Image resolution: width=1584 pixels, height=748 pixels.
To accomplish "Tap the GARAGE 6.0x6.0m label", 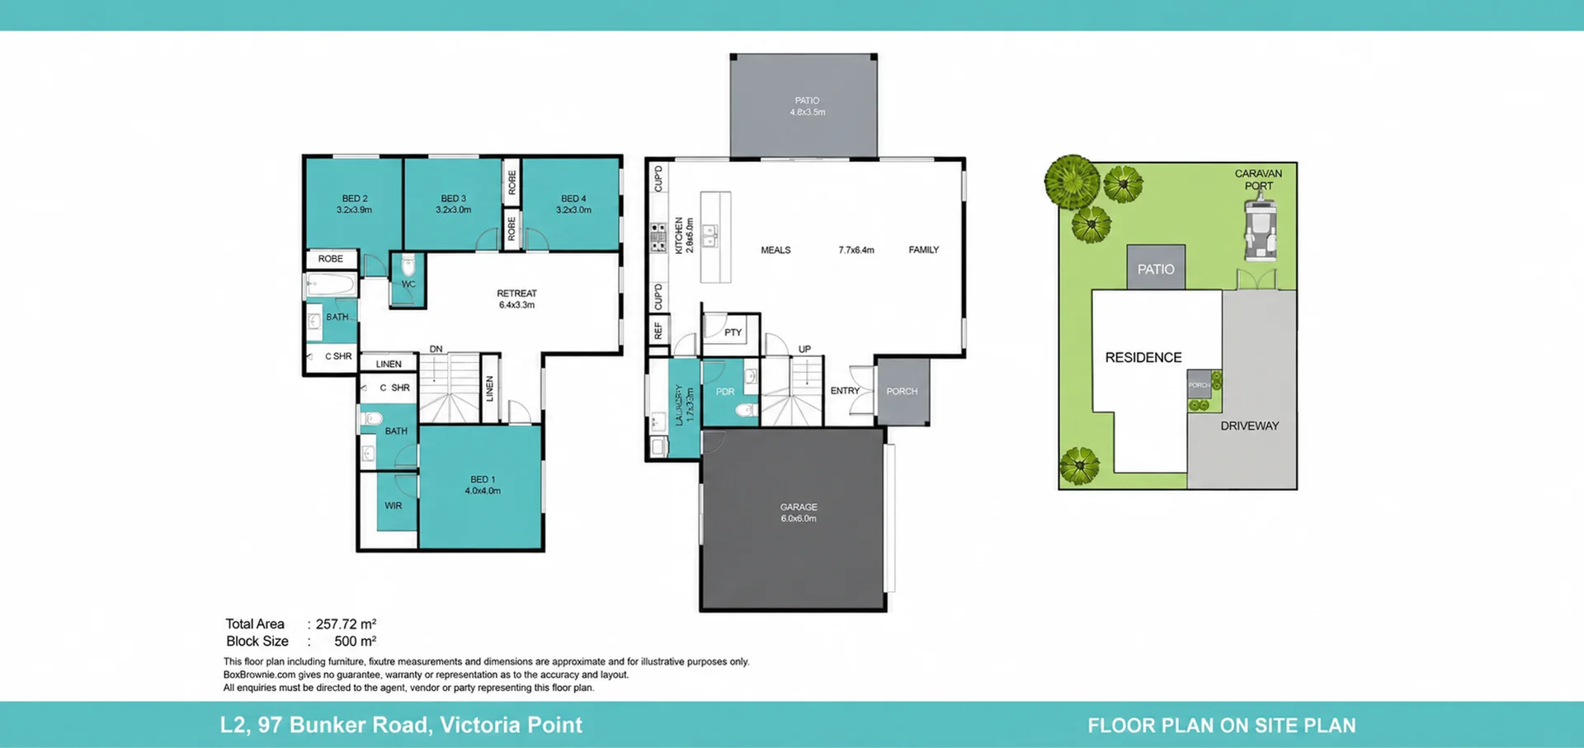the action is (799, 513).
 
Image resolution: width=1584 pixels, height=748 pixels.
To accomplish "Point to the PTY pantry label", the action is (733, 332).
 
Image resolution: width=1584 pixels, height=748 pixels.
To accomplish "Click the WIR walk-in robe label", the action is (394, 506).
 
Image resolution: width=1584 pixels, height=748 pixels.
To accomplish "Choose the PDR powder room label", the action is (725, 392).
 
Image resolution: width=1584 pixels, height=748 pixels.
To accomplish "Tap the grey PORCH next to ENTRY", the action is (903, 391).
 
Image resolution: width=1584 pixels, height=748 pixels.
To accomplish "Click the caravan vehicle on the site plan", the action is (1259, 228).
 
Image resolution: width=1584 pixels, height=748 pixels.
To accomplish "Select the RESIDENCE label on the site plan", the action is (1143, 357).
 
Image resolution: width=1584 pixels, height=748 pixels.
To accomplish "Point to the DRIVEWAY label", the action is (1250, 426).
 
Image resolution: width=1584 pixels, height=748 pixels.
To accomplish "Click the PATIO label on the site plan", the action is (1156, 269).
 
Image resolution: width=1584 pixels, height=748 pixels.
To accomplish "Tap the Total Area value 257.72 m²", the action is (346, 624).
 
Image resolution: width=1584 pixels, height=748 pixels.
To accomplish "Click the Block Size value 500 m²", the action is (355, 641).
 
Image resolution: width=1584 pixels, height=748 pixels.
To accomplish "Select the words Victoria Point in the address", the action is (511, 725).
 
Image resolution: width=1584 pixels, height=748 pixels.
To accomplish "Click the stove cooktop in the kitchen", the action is (658, 237).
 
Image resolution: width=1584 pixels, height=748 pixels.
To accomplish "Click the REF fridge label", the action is (658, 331).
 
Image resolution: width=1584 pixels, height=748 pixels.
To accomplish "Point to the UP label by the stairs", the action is (804, 349).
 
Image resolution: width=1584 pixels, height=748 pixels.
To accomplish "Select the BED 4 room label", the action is (573, 204).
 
